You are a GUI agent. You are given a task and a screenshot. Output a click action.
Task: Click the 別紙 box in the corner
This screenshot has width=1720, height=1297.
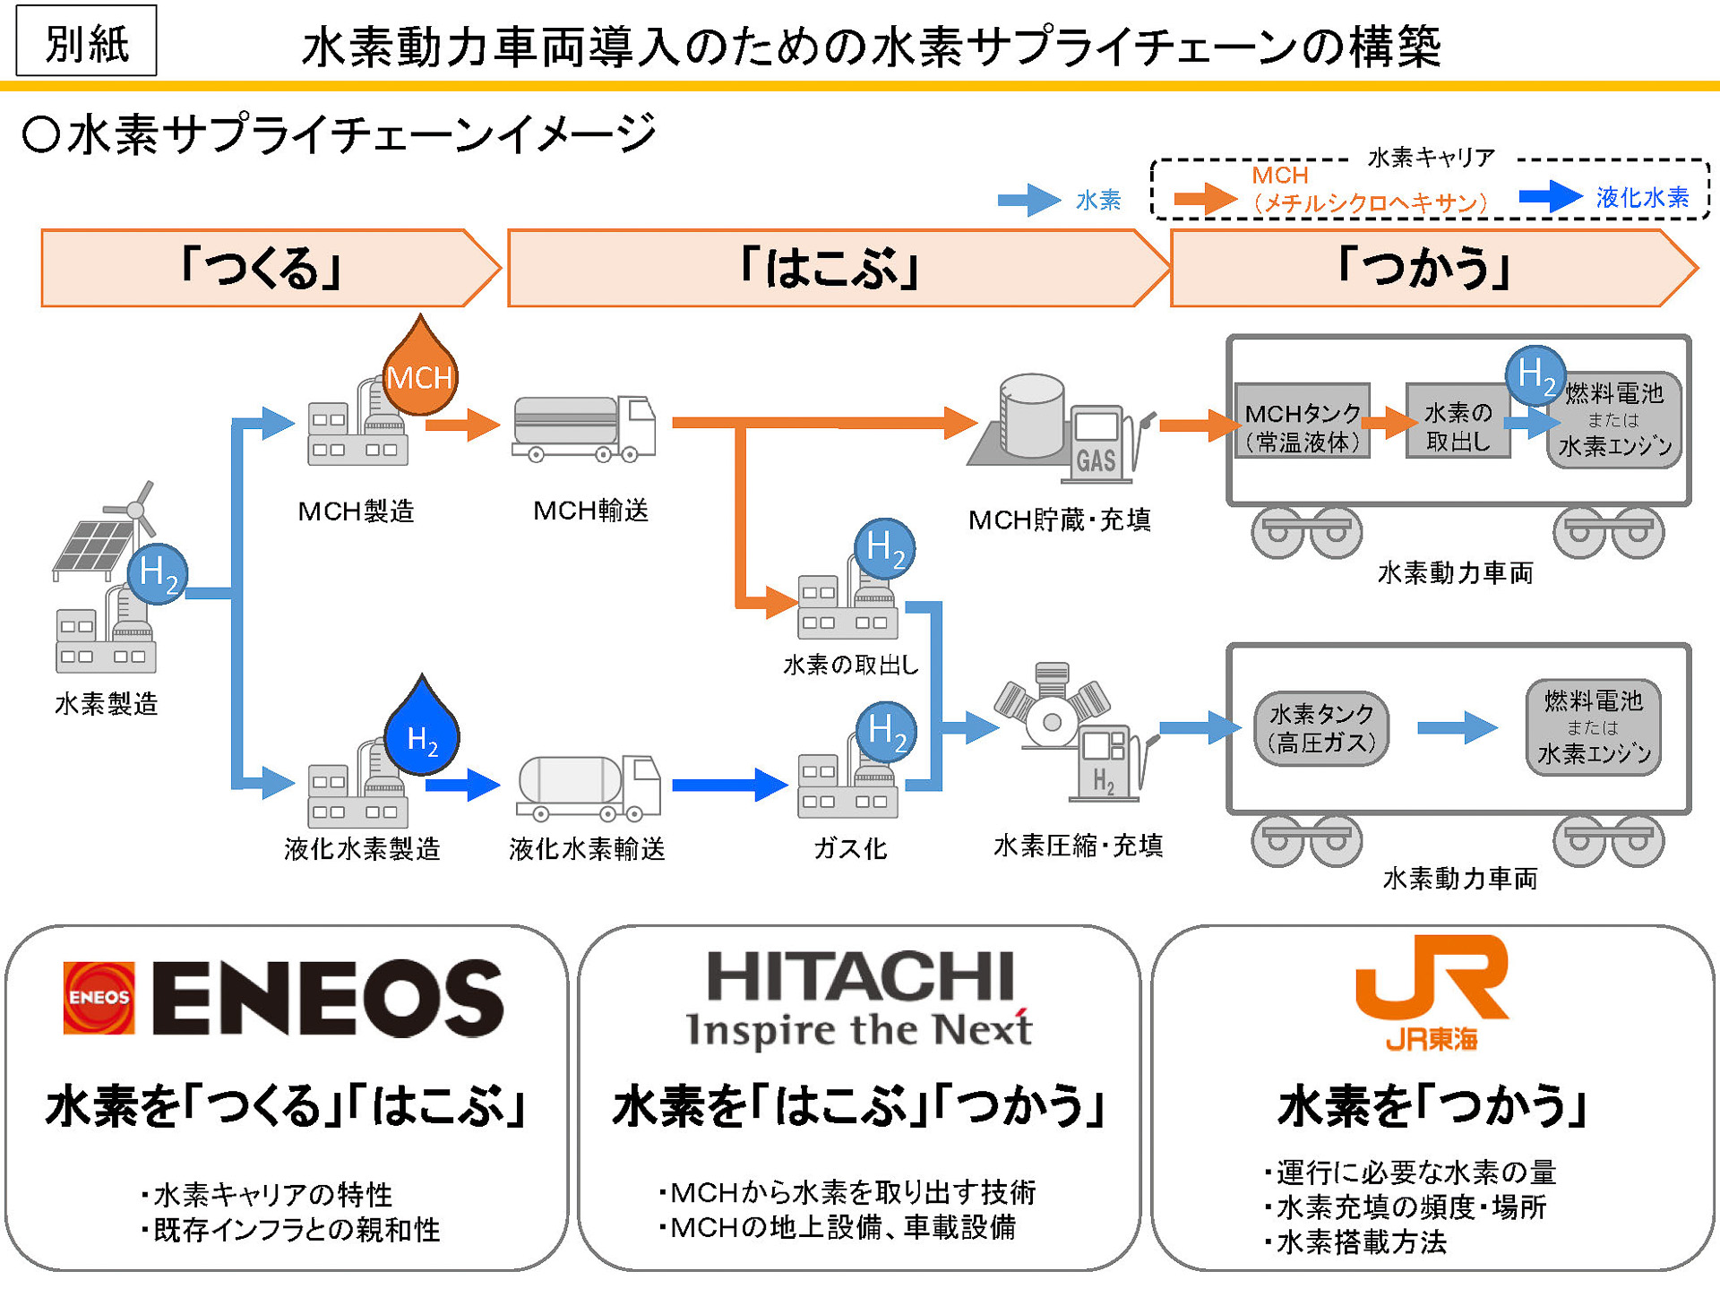(x=86, y=41)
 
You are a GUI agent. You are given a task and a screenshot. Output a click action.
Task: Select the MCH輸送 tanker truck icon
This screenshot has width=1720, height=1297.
(x=583, y=429)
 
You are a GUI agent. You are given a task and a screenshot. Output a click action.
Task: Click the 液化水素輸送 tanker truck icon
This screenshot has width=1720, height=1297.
(x=588, y=787)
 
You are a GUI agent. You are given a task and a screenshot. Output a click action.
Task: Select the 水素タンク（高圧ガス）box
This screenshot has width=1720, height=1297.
(x=1321, y=728)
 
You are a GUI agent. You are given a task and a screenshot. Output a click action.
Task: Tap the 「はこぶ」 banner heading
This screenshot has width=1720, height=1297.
(x=828, y=269)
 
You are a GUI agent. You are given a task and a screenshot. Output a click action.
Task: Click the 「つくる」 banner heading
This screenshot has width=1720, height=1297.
(x=260, y=269)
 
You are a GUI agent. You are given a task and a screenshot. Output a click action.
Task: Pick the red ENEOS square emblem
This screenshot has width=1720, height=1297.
(x=99, y=998)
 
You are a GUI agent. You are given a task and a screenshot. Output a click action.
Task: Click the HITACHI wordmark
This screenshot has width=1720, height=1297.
(x=860, y=977)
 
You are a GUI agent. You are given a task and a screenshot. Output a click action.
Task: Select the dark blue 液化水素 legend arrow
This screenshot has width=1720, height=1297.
(x=1550, y=196)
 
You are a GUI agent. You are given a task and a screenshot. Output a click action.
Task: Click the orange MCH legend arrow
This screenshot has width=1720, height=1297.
(x=1205, y=198)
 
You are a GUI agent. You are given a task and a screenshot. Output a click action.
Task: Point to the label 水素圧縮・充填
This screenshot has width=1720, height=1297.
(x=1078, y=846)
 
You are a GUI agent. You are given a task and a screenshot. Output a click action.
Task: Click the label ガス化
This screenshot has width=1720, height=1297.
(x=849, y=848)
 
